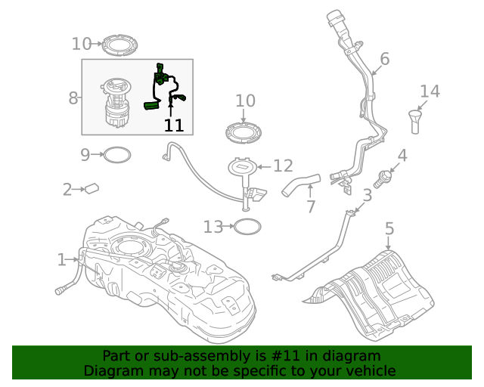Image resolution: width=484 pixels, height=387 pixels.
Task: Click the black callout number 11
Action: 174,125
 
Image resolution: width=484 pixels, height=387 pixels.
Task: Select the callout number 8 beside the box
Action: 73,98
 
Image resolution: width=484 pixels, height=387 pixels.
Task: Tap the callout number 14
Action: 430,91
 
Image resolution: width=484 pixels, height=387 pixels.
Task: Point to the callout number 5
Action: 389,228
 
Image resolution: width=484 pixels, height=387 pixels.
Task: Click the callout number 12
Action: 283,166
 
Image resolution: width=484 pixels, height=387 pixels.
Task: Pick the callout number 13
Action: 213,226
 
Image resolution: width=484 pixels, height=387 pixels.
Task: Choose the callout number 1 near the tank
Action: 61,260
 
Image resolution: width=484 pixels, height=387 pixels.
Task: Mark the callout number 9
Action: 85,155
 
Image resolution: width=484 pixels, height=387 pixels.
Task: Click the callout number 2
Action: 67,189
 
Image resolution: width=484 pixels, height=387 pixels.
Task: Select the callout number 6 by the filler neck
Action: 384,59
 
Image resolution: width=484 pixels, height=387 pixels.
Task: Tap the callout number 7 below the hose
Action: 310,206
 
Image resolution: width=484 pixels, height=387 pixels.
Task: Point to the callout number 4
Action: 402,156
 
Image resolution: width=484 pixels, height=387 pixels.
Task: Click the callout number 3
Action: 368,196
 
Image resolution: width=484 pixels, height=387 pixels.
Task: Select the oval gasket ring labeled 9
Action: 116,155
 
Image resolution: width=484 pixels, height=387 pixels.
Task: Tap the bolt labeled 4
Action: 385,178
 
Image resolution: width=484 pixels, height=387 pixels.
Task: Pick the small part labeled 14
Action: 415,121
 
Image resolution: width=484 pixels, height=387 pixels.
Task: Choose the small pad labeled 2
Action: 92,188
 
